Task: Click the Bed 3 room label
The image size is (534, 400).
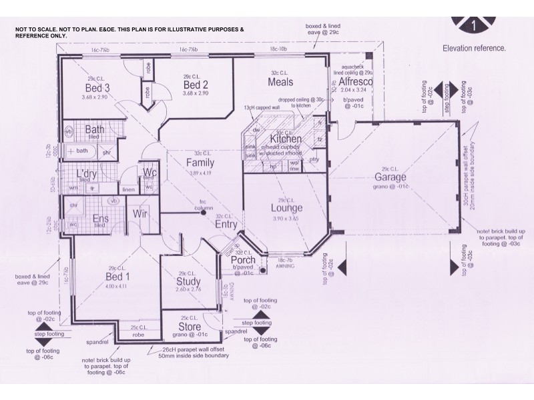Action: [97, 88]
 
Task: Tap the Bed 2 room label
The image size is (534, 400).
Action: [196, 85]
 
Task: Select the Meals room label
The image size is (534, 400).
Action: [281, 82]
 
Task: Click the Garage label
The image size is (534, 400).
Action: [391, 178]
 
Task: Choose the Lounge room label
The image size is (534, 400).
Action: [286, 208]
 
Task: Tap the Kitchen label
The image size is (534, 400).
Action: [285, 139]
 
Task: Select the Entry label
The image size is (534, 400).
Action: [227, 225]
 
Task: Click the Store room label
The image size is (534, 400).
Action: [190, 327]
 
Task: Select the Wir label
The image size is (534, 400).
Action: [140, 214]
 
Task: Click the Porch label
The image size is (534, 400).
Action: [243, 261]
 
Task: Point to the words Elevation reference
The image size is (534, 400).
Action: [474, 48]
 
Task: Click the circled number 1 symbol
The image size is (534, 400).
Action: [474, 25]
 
